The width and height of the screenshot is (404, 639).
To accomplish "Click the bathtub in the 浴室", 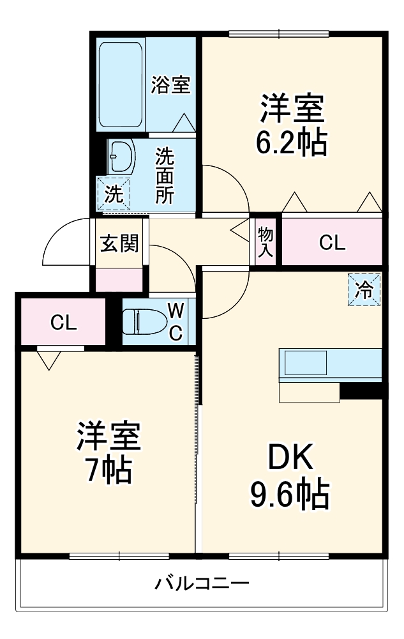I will coord(121,84).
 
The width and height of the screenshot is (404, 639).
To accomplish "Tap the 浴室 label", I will coord(170,85).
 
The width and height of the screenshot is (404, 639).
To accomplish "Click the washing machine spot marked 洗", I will coord(114,194).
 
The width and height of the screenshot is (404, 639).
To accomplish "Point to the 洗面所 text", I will coord(165,176).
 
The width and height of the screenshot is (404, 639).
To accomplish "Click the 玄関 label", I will coord(119,243).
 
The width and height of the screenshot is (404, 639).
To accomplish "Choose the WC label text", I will coord(176,321).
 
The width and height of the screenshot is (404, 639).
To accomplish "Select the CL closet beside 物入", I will coord(332,242).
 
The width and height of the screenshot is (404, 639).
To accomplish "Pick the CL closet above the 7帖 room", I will coord(63,323).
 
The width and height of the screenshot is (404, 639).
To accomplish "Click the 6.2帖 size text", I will coord(292,143).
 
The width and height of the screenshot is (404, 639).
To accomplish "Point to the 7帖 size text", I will coord(108,471).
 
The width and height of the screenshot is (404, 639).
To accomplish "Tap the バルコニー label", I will coord(202,583).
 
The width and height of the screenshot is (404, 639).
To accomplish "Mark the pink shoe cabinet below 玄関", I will coord(119,280).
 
